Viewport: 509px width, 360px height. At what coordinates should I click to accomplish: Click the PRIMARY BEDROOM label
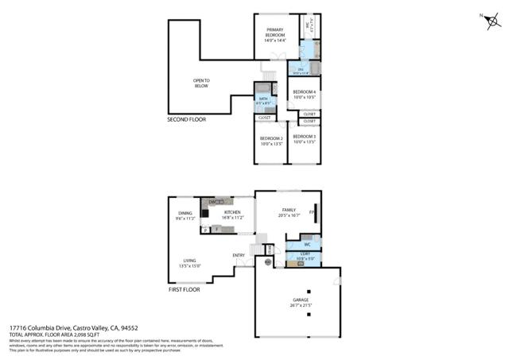[274, 35]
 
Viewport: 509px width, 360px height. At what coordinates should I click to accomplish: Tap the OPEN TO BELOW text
[200, 83]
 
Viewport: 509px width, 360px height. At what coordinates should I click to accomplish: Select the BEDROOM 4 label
[304, 95]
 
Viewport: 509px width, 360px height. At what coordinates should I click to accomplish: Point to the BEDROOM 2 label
[271, 141]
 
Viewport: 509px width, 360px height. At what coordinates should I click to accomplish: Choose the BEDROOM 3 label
[304, 141]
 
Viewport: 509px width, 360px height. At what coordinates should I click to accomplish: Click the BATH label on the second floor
[263, 100]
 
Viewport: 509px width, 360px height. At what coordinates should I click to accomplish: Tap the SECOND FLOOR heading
[188, 120]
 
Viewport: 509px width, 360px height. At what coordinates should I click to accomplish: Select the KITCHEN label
[232, 215]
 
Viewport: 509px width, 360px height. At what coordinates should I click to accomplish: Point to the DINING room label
[186, 215]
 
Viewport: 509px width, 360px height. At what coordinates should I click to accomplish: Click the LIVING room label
[190, 262]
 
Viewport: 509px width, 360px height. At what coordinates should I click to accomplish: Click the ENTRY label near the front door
[238, 255]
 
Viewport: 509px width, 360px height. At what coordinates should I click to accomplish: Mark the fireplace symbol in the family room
[312, 213]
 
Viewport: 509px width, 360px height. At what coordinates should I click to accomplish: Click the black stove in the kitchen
[207, 214]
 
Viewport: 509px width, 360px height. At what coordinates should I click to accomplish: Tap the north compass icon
[487, 21]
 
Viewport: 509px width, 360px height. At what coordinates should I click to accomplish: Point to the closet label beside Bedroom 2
[264, 118]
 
